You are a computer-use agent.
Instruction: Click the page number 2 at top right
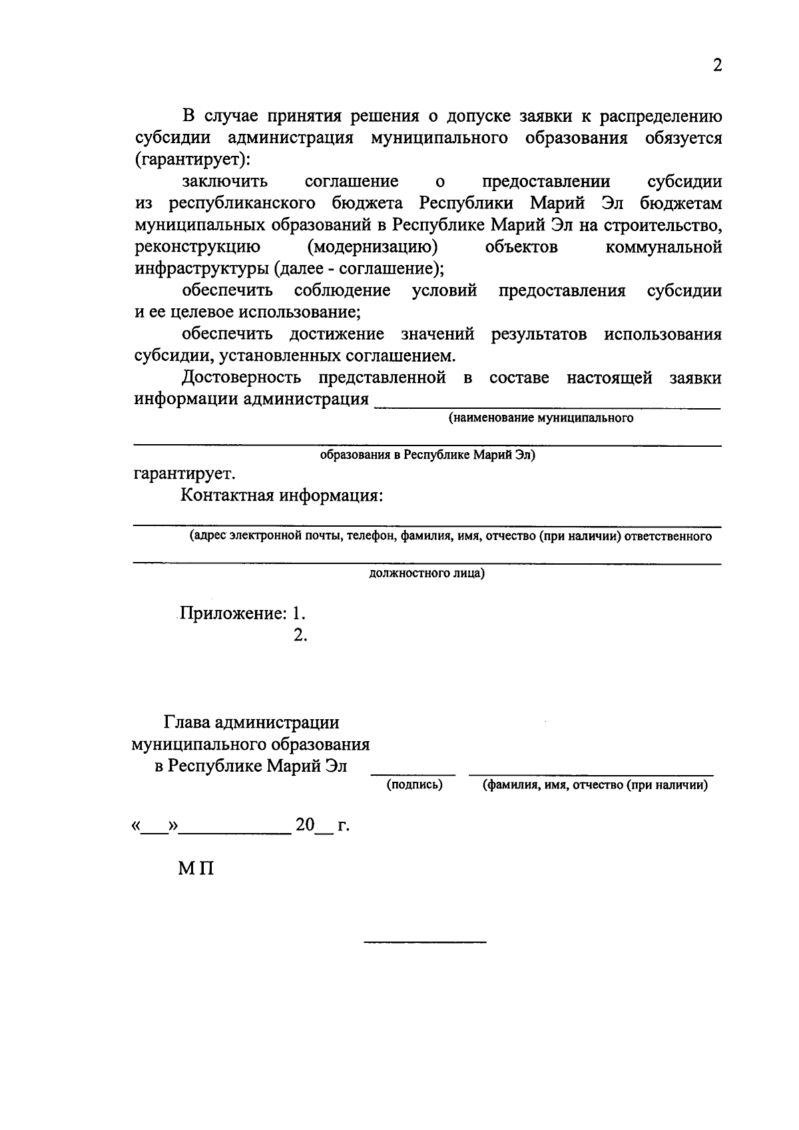716,65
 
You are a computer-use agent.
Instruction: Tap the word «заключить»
224,182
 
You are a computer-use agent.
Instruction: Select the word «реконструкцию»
197,247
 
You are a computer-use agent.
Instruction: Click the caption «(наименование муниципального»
541,418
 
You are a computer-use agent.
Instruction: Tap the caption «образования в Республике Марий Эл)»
427,455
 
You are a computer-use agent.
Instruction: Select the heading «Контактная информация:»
282,496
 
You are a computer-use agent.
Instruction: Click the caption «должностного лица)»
427,573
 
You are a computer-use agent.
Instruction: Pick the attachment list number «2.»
300,635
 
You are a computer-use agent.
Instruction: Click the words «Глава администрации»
252,722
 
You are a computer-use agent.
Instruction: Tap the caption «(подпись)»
414,784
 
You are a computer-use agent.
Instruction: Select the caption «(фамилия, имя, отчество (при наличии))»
595,784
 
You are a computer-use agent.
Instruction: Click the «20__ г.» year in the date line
322,826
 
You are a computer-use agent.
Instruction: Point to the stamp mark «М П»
196,868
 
